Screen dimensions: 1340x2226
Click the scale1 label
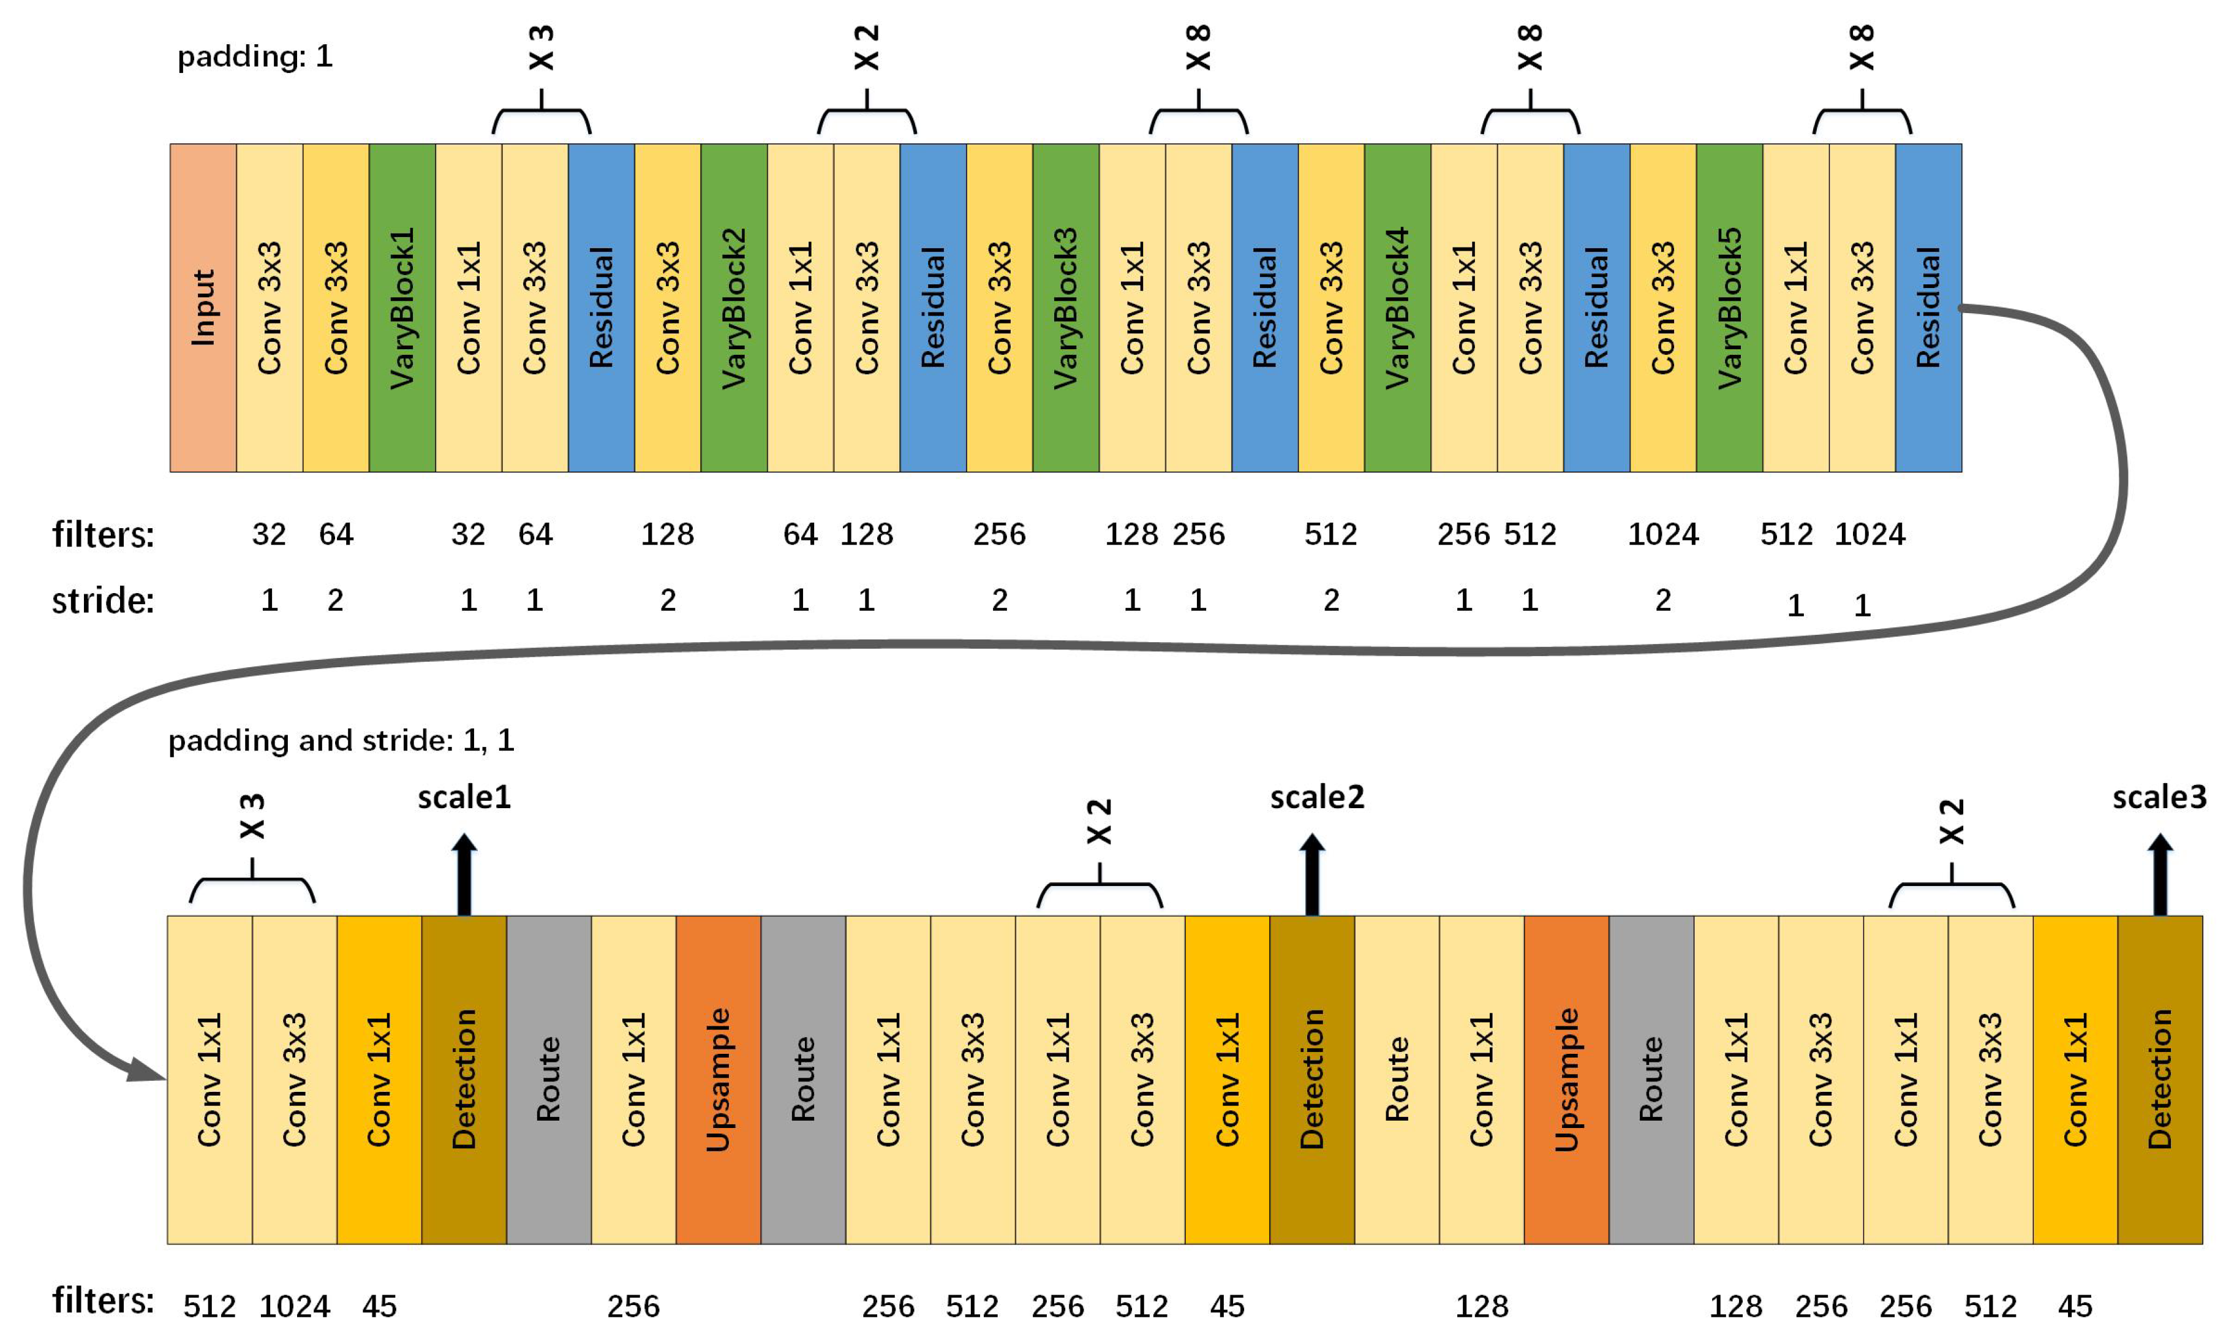[x=464, y=797]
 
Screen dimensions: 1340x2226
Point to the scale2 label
[x=1316, y=797]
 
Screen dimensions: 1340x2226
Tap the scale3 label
[x=2158, y=797]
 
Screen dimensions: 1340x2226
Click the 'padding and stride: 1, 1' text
[x=341, y=740]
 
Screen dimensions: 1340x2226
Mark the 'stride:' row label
[x=103, y=600]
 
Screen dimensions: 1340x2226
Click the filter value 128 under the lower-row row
[x=1481, y=1306]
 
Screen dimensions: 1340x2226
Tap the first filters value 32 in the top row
[x=269, y=534]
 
